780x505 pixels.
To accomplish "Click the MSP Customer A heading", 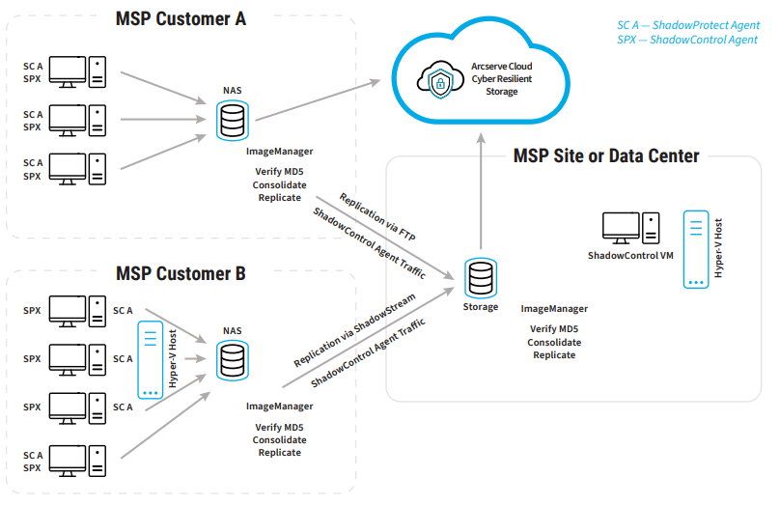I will (181, 18).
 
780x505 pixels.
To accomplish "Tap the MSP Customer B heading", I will (181, 274).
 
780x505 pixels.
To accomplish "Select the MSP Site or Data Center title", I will (605, 155).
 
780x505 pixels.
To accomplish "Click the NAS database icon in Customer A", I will (232, 120).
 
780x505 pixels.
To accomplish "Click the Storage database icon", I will (480, 278).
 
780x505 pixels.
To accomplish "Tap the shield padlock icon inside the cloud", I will (439, 80).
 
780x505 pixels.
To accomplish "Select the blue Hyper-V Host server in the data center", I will (695, 249).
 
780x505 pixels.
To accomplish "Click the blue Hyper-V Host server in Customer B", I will (150, 361).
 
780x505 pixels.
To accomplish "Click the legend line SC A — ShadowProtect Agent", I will (687, 25).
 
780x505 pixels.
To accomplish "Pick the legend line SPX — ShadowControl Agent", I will (687, 40).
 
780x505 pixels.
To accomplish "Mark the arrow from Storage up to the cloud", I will (480, 193).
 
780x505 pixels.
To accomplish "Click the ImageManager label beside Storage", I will (554, 309).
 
